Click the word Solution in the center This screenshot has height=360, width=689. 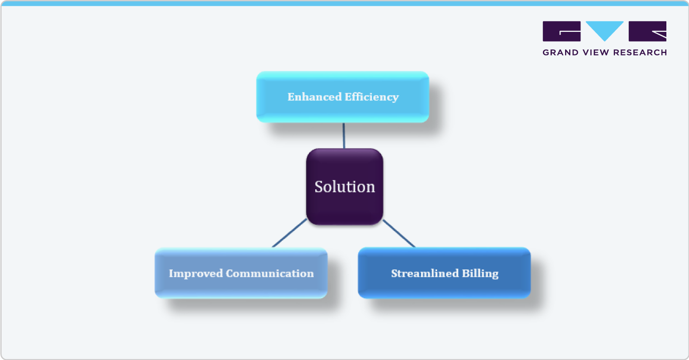point(344,186)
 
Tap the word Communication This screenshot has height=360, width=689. point(270,273)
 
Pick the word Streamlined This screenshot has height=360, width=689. point(421,273)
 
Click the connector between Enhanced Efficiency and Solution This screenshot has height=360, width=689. point(343,135)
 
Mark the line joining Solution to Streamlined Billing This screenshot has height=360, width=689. point(399,234)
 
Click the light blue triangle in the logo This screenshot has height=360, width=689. point(605,29)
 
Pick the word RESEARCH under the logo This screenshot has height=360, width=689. point(643,52)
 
